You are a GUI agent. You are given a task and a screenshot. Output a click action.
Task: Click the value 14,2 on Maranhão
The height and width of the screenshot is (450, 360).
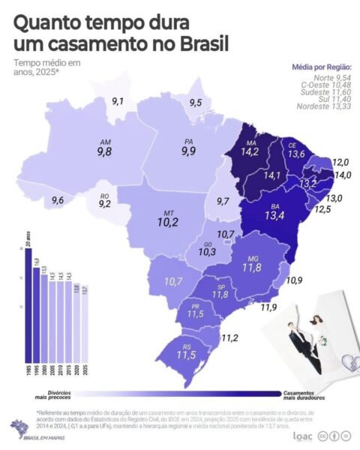[x=249, y=151]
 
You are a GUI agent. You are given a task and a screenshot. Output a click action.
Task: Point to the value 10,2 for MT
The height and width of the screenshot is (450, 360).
[x=166, y=223]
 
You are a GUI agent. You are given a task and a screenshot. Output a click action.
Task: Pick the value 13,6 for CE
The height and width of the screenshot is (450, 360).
[x=296, y=154]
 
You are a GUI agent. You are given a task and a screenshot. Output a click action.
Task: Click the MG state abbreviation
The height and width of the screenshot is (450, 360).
[x=250, y=257]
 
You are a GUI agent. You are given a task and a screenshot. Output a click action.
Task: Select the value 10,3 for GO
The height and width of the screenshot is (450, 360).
[x=207, y=252]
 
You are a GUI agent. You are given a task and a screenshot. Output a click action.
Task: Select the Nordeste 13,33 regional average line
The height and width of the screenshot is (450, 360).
[x=324, y=105]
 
